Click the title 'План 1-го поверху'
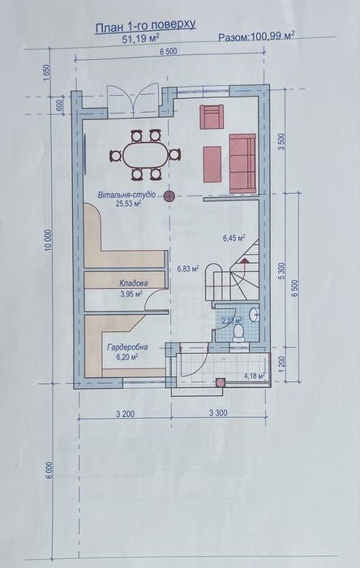click(x=145, y=26)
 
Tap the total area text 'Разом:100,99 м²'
click(x=256, y=37)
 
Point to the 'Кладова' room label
click(x=133, y=283)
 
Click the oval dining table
click(x=145, y=154)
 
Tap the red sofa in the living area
click(x=242, y=162)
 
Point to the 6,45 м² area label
click(x=234, y=238)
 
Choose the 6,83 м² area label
click(x=187, y=267)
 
